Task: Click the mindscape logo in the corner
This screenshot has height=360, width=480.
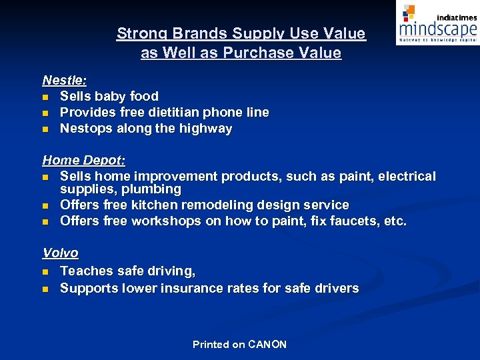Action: pyautogui.click(x=437, y=23)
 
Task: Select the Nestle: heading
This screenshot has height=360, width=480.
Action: pyautogui.click(x=65, y=80)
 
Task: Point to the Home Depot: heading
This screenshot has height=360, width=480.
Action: pyautogui.click(x=84, y=161)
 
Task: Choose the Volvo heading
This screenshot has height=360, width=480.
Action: pyautogui.click(x=61, y=253)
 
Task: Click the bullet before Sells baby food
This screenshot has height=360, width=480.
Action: pyautogui.click(x=45, y=97)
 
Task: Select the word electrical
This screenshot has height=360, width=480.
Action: pyautogui.click(x=407, y=177)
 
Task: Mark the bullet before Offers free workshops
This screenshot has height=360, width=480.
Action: pyautogui.click(x=45, y=221)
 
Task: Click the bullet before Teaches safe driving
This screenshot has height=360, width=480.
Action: pyautogui.click(x=45, y=271)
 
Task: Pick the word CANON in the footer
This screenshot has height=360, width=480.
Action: pyautogui.click(x=267, y=345)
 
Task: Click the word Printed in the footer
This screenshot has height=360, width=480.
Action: pyautogui.click(x=211, y=345)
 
